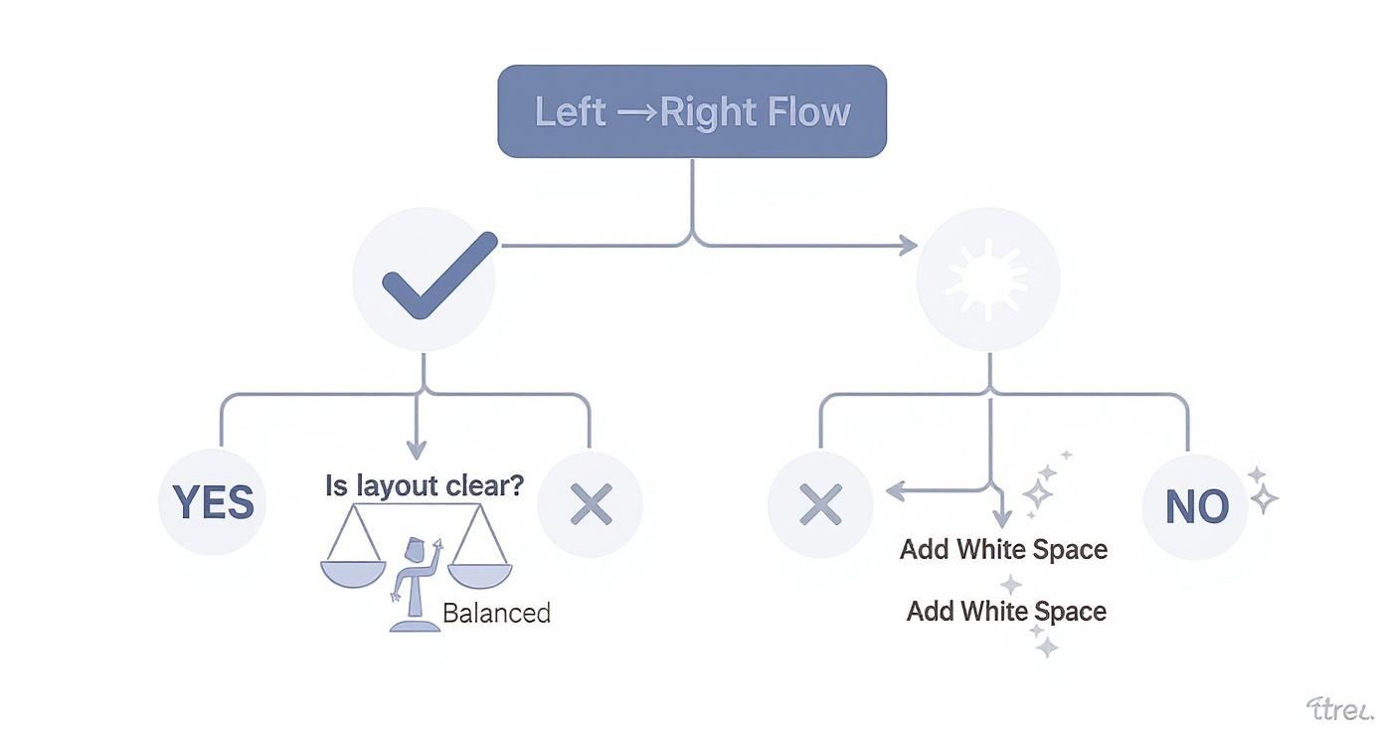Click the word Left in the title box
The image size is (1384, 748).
[570, 112]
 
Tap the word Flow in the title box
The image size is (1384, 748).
[812, 112]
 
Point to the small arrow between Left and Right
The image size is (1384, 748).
[636, 112]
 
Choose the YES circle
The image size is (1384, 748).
[213, 503]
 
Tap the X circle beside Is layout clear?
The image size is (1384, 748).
[591, 505]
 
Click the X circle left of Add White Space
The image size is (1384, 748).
[820, 505]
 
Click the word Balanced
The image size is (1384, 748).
[495, 613]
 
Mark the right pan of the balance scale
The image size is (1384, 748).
[479, 572]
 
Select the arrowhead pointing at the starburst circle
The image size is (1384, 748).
[908, 245]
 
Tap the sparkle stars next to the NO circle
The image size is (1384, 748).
[1262, 490]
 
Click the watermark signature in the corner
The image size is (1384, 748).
[1338, 709]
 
